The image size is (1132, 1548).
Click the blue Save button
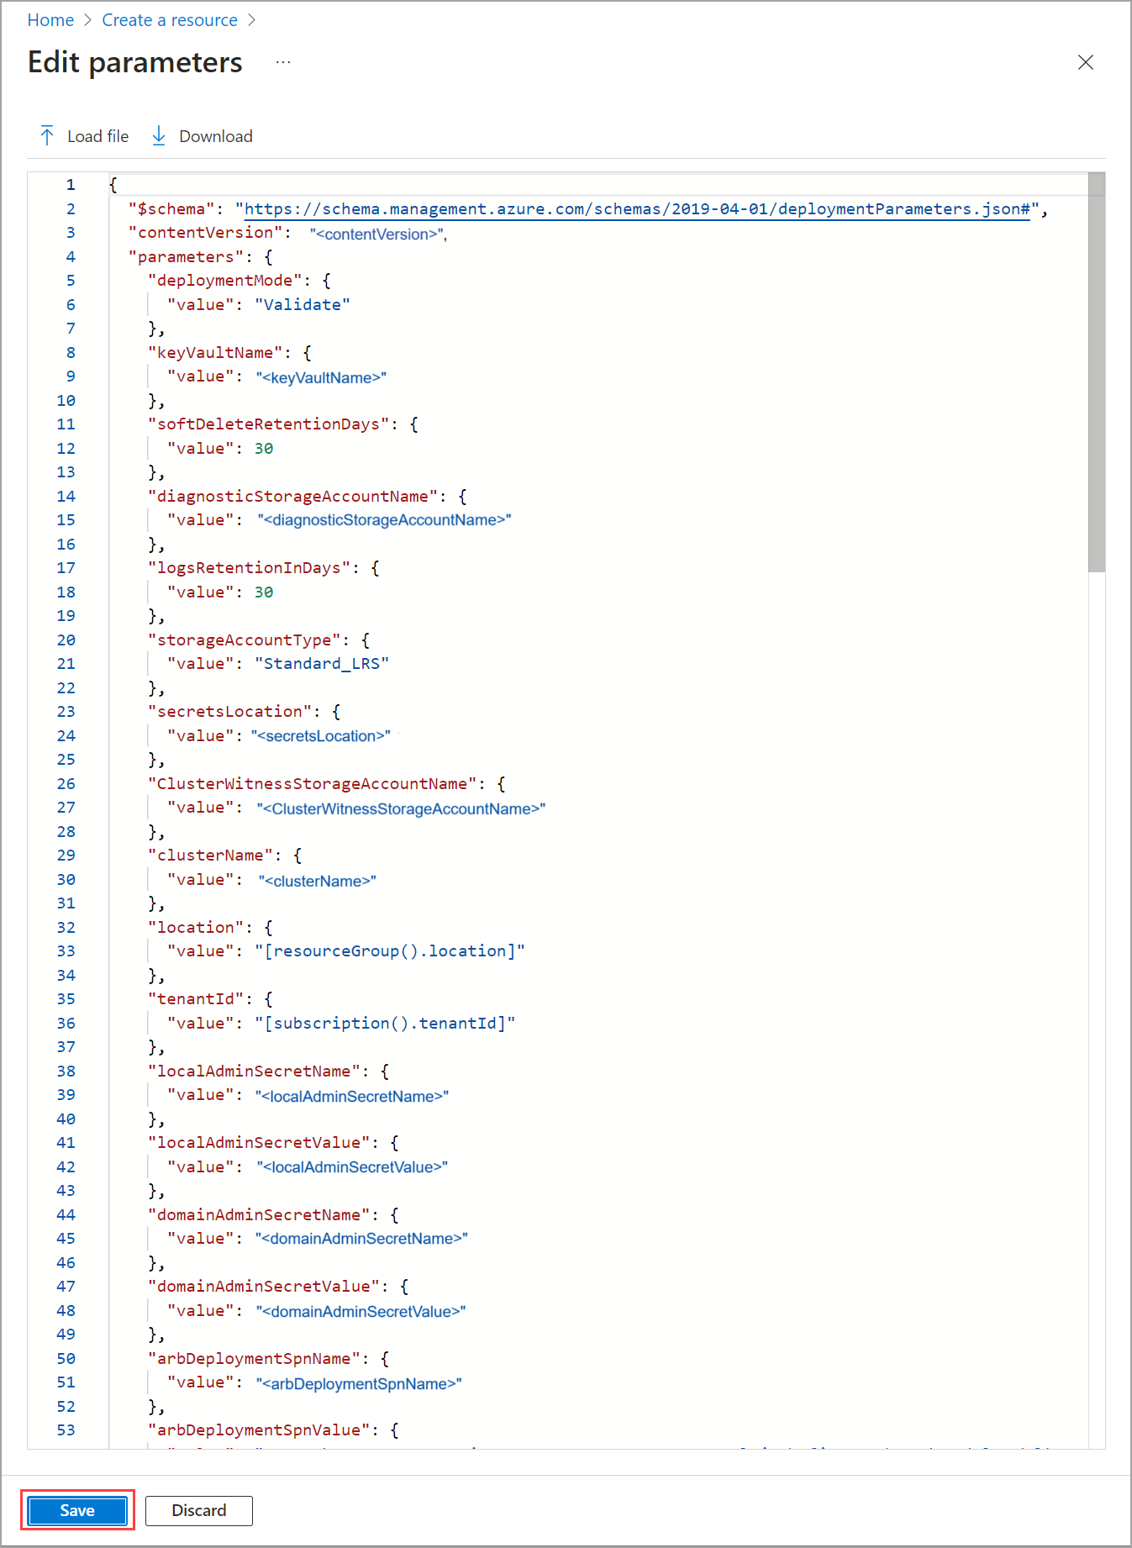[77, 1510]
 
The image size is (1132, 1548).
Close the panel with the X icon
[1085, 62]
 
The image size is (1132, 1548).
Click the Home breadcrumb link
[50, 20]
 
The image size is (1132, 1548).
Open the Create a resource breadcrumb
[170, 20]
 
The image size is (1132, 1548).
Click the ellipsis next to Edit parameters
[283, 62]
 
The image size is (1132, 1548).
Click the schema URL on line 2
[637, 209]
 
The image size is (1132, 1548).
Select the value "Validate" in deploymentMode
[303, 305]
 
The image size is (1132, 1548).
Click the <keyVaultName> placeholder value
[321, 377]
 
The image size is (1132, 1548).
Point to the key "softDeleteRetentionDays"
[269, 424]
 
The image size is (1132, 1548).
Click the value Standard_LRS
[322, 664]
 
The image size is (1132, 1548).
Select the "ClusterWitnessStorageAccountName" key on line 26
[312, 784]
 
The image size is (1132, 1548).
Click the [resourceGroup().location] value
[390, 951]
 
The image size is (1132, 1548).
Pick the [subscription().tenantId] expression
[385, 1024]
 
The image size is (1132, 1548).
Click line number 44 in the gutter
[66, 1215]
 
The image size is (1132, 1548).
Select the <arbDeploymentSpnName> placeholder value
[359, 1383]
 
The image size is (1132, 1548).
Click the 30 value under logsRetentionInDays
[264, 592]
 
